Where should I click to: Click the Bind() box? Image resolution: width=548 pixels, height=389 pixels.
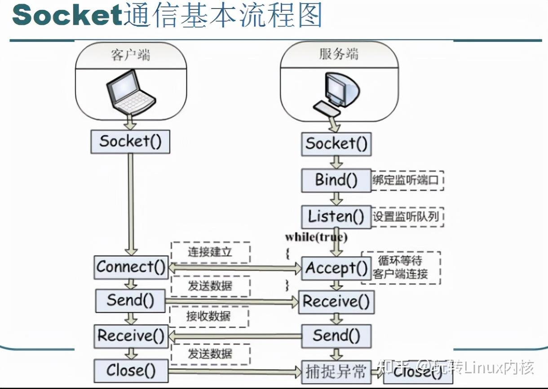coord(336,180)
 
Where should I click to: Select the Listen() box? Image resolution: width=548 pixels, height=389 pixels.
coord(336,217)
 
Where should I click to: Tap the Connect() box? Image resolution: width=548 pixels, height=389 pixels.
coord(131,267)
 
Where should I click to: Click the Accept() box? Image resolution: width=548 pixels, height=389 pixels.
coord(336,268)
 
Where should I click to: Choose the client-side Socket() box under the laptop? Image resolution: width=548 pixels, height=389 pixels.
coord(130,141)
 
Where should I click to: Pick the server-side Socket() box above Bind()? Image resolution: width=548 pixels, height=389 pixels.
coord(336,144)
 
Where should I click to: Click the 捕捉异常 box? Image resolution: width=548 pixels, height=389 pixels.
coord(336,371)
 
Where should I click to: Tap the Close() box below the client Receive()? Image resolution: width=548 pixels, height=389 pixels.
coord(131,371)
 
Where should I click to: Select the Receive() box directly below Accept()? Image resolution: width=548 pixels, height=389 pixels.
coord(336,301)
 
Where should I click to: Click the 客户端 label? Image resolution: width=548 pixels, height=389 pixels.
coord(130,55)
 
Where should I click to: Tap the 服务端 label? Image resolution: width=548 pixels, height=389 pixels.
coord(339,54)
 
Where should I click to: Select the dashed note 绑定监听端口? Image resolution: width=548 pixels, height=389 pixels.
coord(407,181)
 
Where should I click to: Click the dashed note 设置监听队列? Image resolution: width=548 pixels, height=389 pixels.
coord(407,217)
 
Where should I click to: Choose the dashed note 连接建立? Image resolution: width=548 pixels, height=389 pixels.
coord(210,252)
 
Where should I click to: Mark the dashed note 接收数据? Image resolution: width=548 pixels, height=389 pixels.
coord(208,316)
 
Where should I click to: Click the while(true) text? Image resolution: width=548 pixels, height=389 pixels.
coord(316,237)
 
